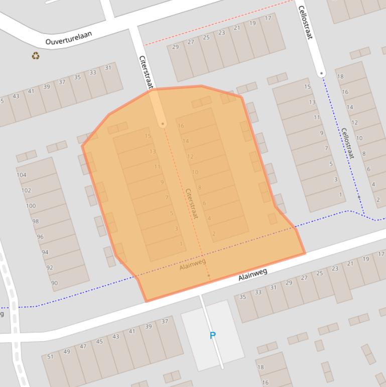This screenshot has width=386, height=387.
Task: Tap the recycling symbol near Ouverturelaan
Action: click(36, 56)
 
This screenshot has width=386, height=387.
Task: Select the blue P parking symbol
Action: click(212, 335)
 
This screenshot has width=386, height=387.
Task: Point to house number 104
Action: click(21, 175)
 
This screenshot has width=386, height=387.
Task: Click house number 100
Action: click(31, 206)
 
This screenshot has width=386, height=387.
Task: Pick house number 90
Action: click(54, 283)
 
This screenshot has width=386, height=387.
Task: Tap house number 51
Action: click(50, 356)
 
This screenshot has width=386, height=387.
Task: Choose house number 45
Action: click(99, 342)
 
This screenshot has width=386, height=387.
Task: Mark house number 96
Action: click(40, 237)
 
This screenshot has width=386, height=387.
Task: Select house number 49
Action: click(67, 351)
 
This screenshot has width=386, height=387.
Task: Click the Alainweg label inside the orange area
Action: click(193, 264)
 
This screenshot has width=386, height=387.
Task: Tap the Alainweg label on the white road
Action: click(252, 274)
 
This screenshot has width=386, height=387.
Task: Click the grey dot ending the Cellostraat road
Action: click(322, 74)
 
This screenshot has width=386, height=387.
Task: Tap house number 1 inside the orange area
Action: click(181, 244)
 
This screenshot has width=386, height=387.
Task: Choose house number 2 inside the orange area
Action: click(214, 233)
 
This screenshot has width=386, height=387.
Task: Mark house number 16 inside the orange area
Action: click(181, 126)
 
